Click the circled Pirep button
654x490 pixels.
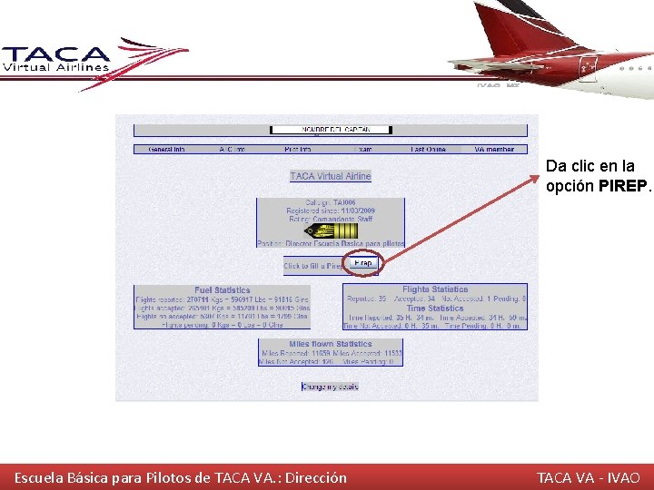coord(362,263)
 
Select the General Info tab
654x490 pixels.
coord(166,149)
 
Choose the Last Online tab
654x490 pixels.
coord(428,149)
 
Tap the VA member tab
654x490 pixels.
coord(493,149)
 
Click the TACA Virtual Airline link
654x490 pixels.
coord(331,176)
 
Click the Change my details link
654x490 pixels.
coord(331,387)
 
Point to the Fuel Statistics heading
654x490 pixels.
coord(223,290)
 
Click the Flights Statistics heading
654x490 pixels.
coord(435,289)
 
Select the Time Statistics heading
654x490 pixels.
coord(435,309)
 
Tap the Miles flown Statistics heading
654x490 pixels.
coord(331,345)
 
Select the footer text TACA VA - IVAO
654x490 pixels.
coord(588,477)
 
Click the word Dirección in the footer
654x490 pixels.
coord(315,477)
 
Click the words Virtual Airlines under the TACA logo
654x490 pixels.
coord(56,66)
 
